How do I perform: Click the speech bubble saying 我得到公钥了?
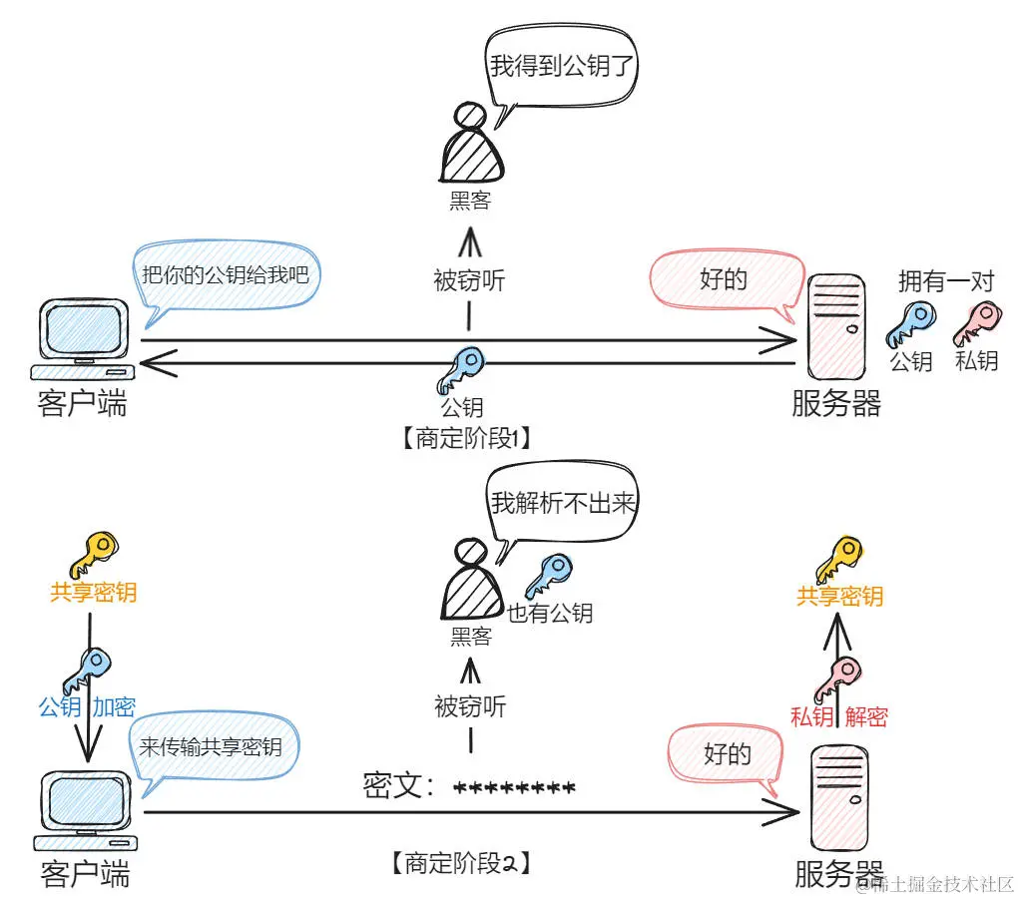point(562,67)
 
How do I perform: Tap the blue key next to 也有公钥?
point(549,576)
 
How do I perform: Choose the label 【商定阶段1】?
point(464,438)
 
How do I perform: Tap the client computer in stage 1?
point(84,339)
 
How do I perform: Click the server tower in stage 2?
point(837,798)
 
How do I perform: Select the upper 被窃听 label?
point(469,281)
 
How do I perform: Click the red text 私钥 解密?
point(838,716)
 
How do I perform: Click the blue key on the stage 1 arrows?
point(460,369)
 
